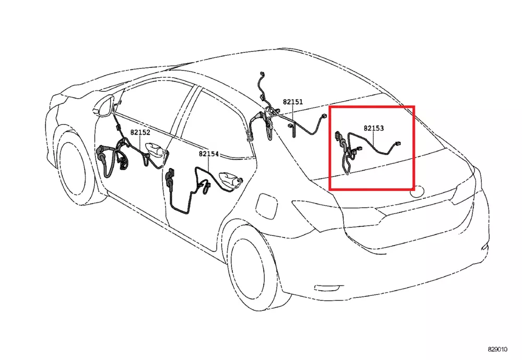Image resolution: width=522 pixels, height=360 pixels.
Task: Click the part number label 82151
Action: tap(293, 102)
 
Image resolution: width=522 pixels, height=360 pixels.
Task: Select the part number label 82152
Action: tap(140, 133)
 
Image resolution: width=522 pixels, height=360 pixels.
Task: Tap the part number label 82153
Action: tap(374, 128)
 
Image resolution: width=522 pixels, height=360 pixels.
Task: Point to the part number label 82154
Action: tap(209, 154)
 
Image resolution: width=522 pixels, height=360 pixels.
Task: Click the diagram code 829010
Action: tap(497, 350)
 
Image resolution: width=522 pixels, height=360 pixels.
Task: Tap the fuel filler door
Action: tap(267, 206)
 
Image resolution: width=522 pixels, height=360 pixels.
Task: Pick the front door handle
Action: tap(156, 149)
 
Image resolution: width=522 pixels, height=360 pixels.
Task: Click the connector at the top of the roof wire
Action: tap(262, 74)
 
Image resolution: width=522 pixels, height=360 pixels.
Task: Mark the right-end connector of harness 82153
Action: tap(397, 143)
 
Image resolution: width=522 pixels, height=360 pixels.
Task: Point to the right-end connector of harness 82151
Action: tap(323, 116)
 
